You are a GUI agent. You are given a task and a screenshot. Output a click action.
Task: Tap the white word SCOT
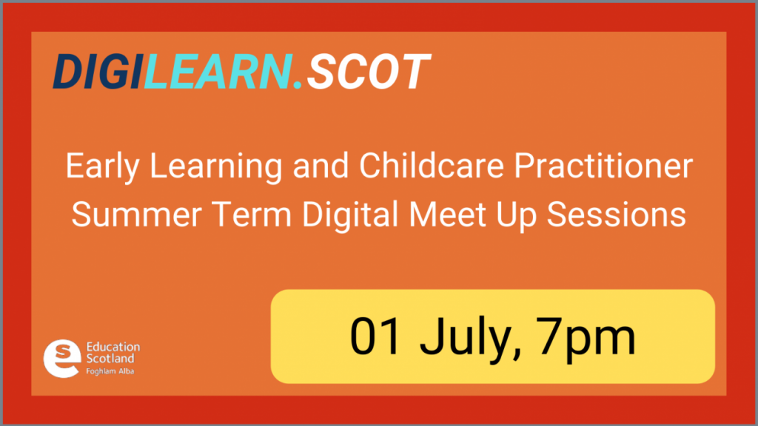pyautogui.click(x=369, y=72)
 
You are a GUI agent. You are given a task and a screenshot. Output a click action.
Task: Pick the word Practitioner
pyautogui.click(x=603, y=166)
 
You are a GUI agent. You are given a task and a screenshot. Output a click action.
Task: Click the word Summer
pyautogui.click(x=136, y=214)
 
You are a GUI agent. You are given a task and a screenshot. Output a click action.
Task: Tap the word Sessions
pyautogui.click(x=617, y=214)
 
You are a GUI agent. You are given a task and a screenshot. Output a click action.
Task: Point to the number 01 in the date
pyautogui.click(x=375, y=337)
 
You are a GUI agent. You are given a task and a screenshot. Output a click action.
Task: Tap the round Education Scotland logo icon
pyautogui.click(x=62, y=359)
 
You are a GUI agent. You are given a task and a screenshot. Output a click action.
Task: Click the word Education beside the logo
pyautogui.click(x=113, y=347)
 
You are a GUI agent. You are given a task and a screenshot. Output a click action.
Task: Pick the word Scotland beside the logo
pyautogui.click(x=110, y=359)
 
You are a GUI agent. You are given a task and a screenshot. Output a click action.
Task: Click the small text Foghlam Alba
pyautogui.click(x=110, y=371)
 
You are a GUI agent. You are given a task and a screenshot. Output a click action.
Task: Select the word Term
pyautogui.click(x=252, y=214)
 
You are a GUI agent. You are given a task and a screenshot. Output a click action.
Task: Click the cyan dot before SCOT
pyautogui.click(x=298, y=85)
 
